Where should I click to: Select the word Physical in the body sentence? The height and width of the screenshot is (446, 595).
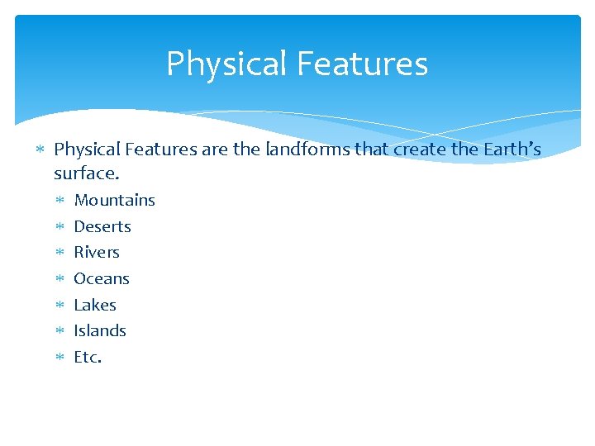86,149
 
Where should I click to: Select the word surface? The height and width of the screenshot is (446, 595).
87,173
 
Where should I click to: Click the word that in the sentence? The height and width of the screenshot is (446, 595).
373,149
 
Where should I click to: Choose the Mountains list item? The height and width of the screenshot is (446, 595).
114,200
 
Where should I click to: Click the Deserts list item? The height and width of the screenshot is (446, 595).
102,226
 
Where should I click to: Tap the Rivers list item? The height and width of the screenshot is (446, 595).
97,252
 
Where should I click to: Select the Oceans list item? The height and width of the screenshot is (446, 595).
102,278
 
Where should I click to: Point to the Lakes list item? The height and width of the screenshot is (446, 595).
95,305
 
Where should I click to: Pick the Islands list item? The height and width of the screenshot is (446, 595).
100,330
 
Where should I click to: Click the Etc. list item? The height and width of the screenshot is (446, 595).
88,357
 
